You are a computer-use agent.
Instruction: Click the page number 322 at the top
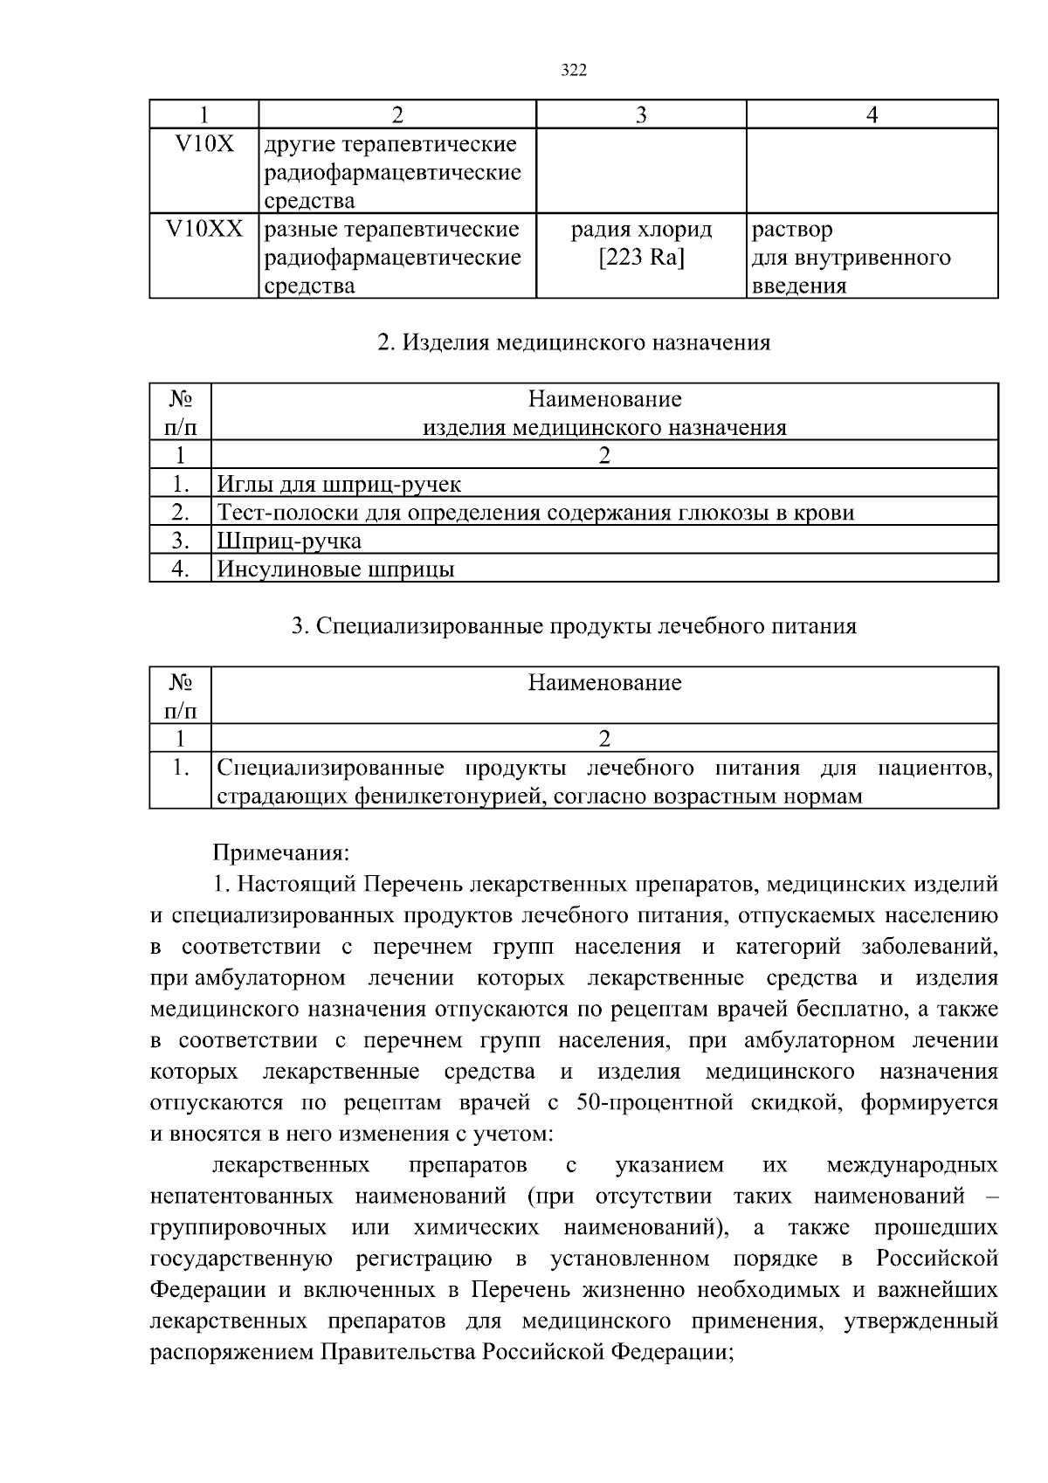[x=573, y=71]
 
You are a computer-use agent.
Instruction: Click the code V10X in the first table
[x=204, y=144]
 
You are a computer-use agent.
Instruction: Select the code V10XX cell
[x=204, y=230]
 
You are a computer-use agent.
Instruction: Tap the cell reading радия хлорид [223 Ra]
[x=641, y=244]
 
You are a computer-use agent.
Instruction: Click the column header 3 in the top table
[x=641, y=115]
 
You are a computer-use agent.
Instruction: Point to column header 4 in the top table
[x=872, y=115]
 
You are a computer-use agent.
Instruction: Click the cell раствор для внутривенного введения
[x=851, y=258]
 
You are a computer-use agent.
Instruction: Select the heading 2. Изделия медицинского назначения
[x=573, y=342]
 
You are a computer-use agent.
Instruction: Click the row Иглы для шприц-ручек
[x=339, y=484]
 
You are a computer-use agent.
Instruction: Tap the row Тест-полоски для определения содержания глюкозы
[x=534, y=512]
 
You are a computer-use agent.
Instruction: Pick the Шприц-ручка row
[x=289, y=541]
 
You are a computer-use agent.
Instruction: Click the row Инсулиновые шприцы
[x=335, y=569]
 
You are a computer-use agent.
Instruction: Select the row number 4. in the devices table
[x=181, y=569]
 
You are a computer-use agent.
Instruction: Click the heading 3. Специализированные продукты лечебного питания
[x=573, y=626]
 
